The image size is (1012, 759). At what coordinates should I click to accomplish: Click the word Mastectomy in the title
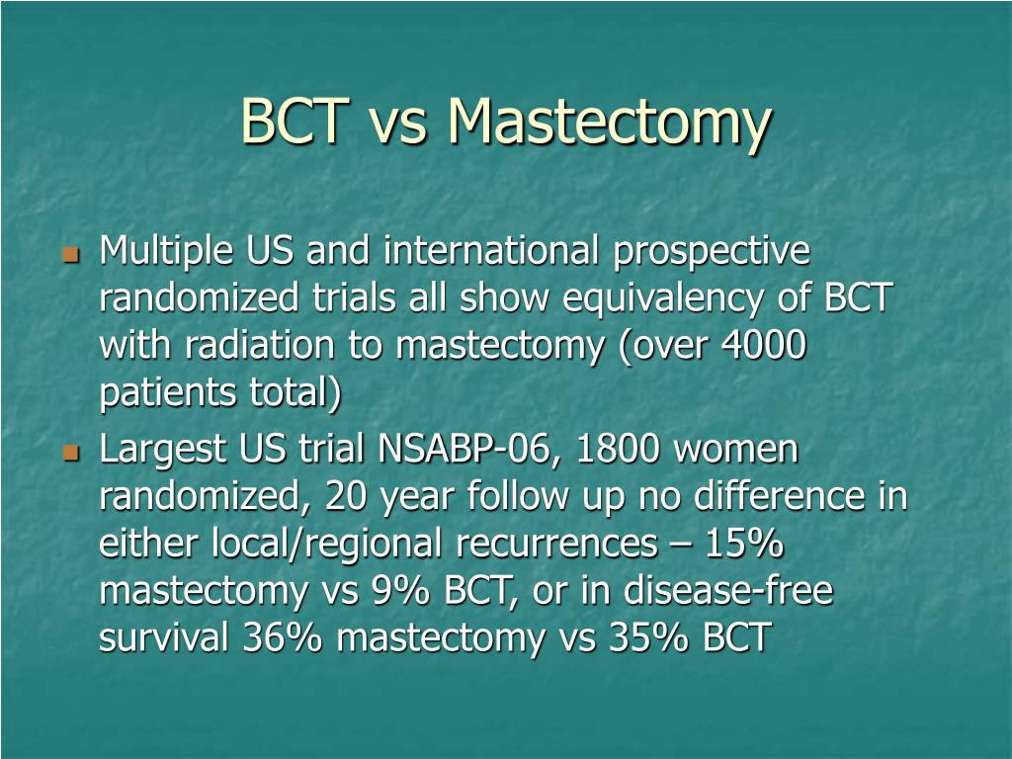(609, 123)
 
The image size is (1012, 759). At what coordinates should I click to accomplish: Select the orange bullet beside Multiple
(70, 253)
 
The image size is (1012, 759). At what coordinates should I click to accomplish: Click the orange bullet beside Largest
(70, 452)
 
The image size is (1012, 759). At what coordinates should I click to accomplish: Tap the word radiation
(260, 345)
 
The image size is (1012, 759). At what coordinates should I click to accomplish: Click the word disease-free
(728, 590)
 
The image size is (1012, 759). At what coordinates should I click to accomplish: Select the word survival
(164, 637)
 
